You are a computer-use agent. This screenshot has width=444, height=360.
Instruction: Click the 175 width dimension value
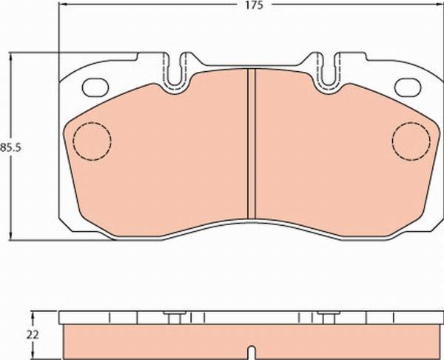pyautogui.click(x=254, y=5)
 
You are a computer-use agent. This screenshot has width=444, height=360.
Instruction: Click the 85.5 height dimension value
pyautogui.click(x=10, y=147)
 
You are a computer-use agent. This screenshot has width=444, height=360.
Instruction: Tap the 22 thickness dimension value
pyautogui.click(x=33, y=335)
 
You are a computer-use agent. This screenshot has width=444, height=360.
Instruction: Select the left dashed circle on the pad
pyautogui.click(x=92, y=141)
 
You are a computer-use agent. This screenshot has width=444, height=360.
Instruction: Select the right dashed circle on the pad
pyautogui.click(x=411, y=141)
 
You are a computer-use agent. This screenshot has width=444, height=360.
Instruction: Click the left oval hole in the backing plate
pyautogui.click(x=95, y=87)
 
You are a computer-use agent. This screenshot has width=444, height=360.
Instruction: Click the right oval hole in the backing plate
pyautogui.click(x=408, y=87)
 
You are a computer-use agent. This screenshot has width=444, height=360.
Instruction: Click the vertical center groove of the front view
pyautogui.click(x=252, y=144)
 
